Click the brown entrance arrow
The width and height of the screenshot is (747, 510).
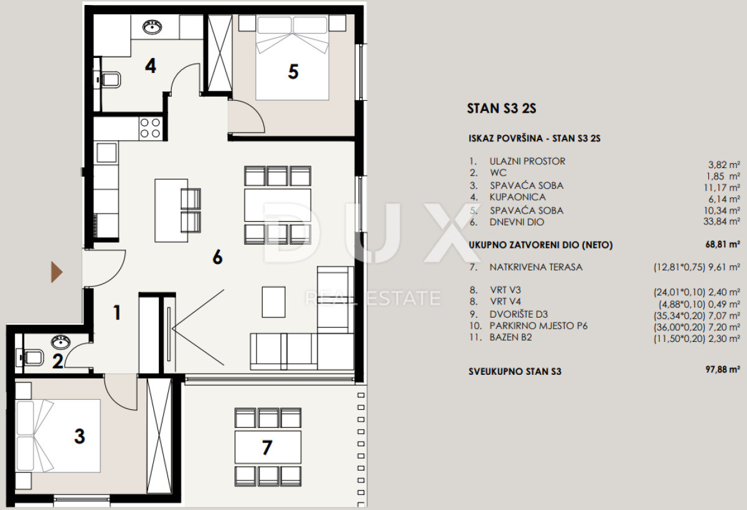(57, 272)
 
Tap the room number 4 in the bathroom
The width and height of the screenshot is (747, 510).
(151, 66)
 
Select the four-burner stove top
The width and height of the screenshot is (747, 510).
(151, 128)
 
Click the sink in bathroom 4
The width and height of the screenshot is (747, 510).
(153, 27)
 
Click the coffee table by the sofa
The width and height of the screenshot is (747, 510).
(273, 302)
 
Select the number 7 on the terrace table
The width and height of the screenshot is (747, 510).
(267, 447)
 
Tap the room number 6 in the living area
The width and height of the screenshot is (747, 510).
(217, 257)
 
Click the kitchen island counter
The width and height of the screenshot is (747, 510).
(171, 210)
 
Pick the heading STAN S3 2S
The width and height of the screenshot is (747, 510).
(502, 108)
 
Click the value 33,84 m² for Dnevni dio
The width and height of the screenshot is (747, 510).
(721, 222)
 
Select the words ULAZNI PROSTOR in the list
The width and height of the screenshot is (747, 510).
(527, 161)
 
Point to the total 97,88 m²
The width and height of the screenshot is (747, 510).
(723, 369)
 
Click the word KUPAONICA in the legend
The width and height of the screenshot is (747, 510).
(517, 197)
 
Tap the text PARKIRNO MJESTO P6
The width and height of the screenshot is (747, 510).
(538, 326)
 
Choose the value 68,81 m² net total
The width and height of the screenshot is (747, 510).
(723, 244)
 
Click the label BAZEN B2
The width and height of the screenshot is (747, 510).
(510, 338)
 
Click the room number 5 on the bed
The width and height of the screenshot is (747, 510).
(293, 72)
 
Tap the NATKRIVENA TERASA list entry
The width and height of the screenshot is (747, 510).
(536, 267)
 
